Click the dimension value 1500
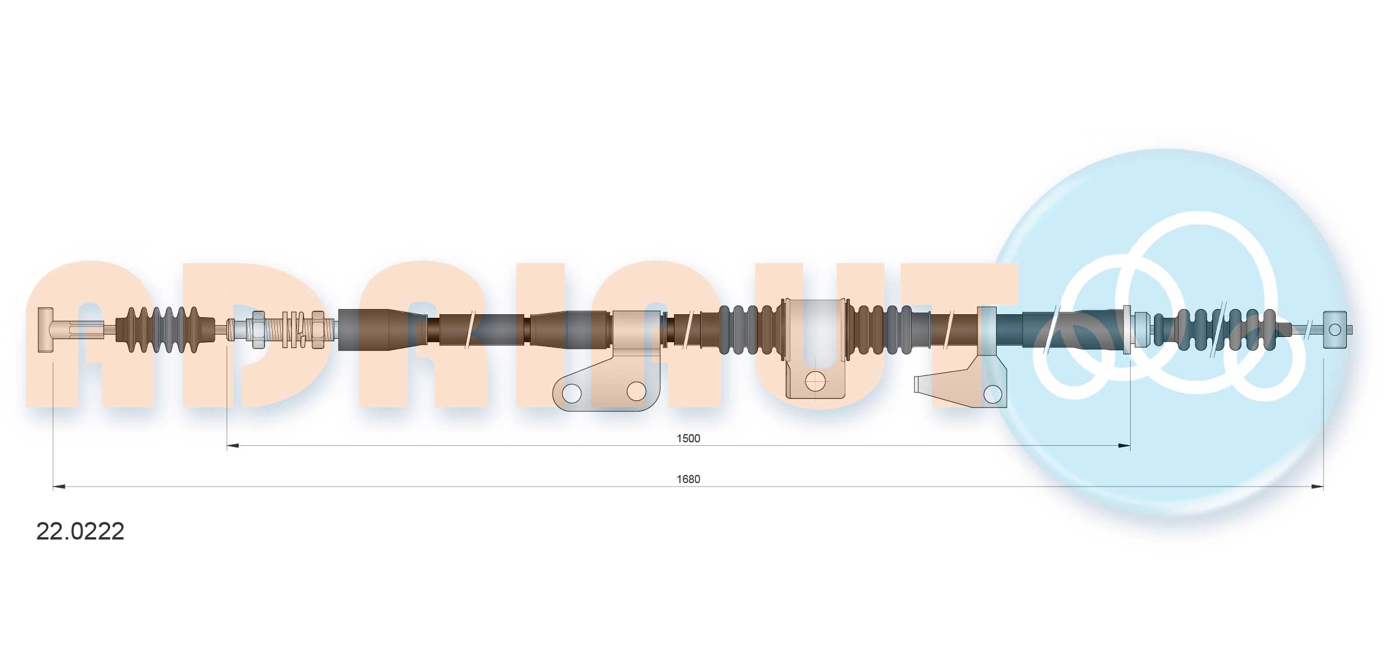[x=687, y=438]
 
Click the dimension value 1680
[x=687, y=479]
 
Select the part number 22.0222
[x=80, y=531]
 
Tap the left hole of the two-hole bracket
[x=572, y=393]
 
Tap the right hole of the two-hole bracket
[x=636, y=391]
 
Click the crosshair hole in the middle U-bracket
[x=815, y=382]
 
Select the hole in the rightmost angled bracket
[x=992, y=394]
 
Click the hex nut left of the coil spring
[x=257, y=329]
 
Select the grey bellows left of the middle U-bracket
[x=749, y=329]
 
